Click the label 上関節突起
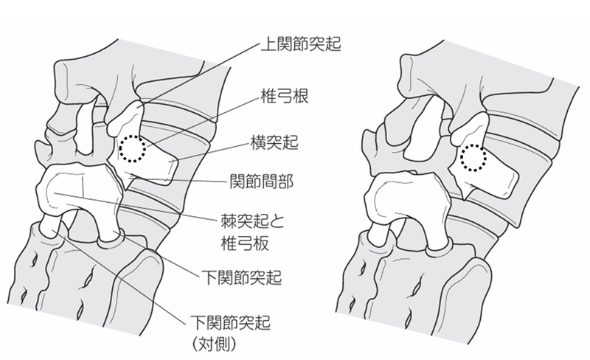point(301,44)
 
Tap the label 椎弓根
point(285,97)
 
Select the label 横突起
point(274,142)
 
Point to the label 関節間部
point(262,182)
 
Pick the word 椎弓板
point(245,243)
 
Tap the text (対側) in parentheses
point(214,344)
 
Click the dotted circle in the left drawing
point(133,149)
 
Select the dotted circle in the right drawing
point(473,158)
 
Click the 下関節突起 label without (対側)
point(242,277)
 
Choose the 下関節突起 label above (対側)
point(231,322)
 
